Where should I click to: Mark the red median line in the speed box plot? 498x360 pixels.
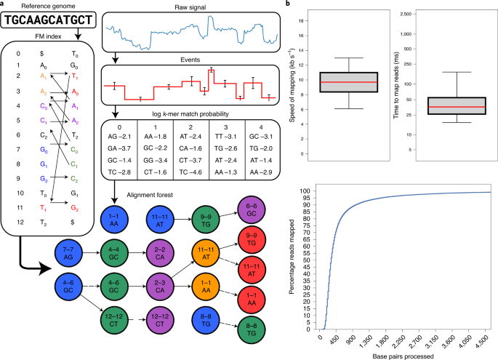point(334,82)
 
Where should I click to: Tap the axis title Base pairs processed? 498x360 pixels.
point(403,354)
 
